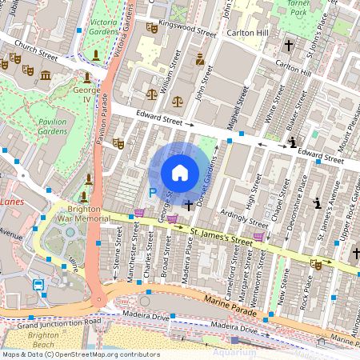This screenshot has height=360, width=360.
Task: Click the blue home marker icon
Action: pos(180,173)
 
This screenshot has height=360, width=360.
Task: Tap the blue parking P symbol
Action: pos(153,193)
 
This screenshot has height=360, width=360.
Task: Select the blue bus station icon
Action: pos(38,285)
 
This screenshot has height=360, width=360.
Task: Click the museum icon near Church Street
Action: pos(45,76)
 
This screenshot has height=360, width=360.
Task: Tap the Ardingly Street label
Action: pos(246,219)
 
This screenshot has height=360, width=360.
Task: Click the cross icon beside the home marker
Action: pos(189,206)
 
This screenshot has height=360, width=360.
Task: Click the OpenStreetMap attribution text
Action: pos(80,354)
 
